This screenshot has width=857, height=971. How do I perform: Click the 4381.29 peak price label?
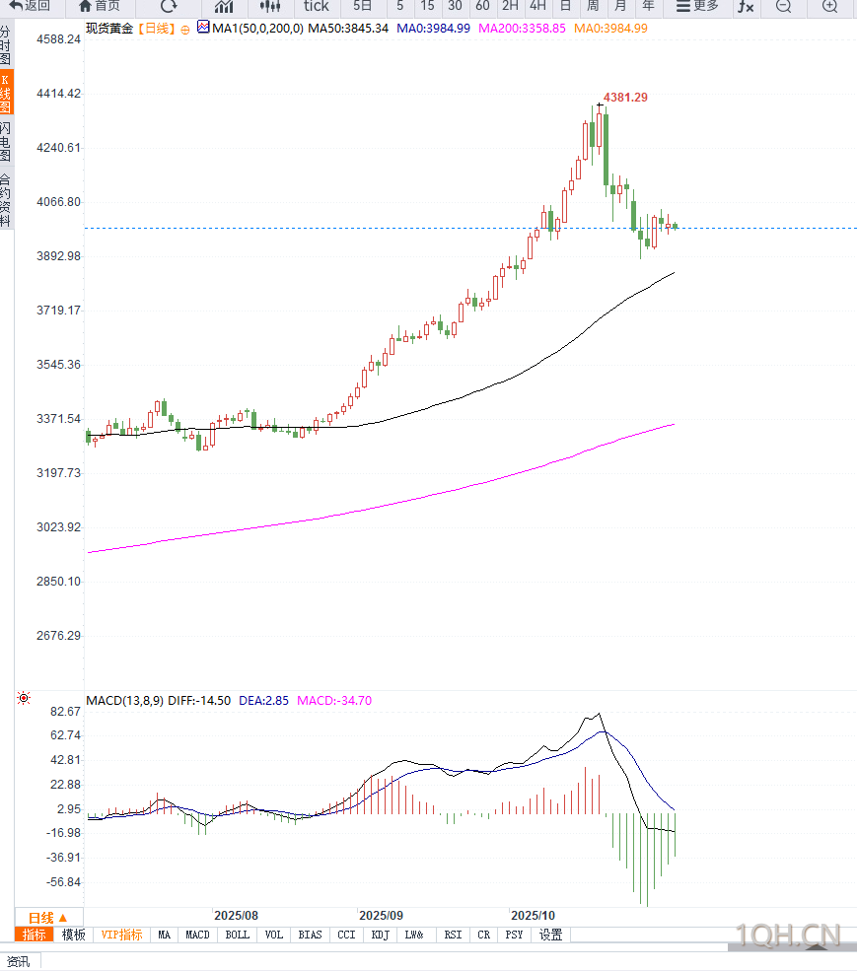click(x=625, y=98)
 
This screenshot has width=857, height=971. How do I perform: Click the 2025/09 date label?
click(x=381, y=915)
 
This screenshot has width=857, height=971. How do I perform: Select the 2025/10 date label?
click(x=532, y=915)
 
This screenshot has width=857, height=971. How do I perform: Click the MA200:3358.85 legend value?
click(x=522, y=29)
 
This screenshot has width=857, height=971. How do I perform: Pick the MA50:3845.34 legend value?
click(x=348, y=29)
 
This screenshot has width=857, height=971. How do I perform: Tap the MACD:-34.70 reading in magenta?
click(x=334, y=700)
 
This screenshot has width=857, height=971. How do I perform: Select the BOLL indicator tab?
click(x=237, y=935)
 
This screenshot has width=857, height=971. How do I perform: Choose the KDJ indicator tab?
click(x=380, y=935)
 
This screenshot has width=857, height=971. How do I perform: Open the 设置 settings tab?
click(x=550, y=935)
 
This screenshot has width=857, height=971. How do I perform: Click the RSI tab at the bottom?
click(x=453, y=935)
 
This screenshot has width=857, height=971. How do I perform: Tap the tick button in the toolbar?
click(x=316, y=6)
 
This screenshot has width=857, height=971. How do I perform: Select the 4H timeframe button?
click(x=537, y=6)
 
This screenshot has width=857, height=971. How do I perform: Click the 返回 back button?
click(x=31, y=6)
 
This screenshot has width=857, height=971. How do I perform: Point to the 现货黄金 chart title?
click(x=109, y=29)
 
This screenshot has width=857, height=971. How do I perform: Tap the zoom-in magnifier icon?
click(x=829, y=6)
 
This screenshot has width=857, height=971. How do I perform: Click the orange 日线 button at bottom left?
click(x=48, y=917)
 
